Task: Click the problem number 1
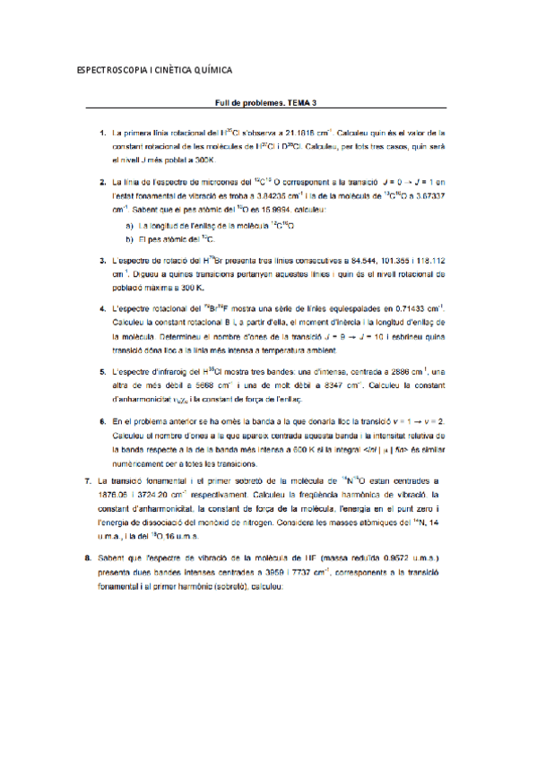(x=102, y=133)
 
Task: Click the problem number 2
(x=102, y=182)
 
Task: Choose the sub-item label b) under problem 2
(x=130, y=239)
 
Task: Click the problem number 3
(x=102, y=260)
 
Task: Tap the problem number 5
(x=102, y=370)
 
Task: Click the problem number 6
(x=102, y=419)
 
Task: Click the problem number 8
(x=85, y=557)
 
